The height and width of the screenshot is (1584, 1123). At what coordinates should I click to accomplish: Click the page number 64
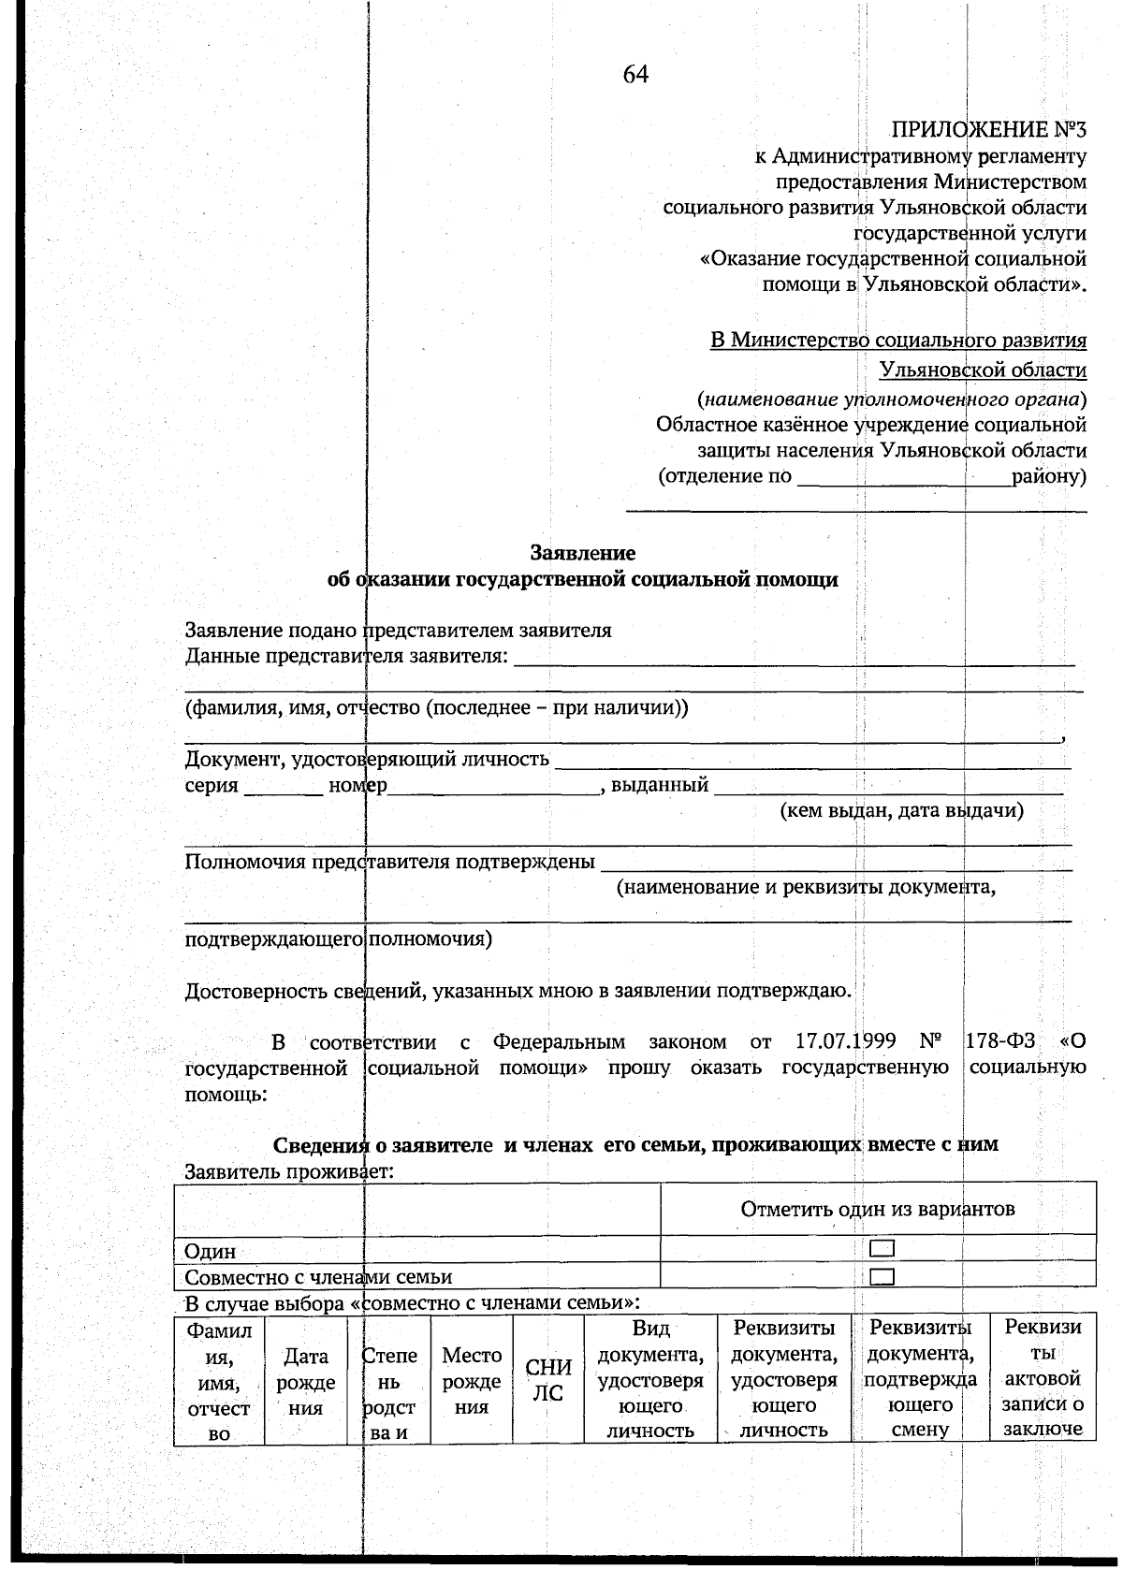click(x=635, y=75)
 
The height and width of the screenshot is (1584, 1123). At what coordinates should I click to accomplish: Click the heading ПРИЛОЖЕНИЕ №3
click(x=988, y=129)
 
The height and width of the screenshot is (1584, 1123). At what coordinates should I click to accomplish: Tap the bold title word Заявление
click(x=582, y=553)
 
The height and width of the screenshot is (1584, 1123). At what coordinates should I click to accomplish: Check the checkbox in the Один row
click(x=882, y=1248)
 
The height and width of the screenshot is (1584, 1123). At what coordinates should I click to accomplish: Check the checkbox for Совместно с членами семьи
click(x=882, y=1276)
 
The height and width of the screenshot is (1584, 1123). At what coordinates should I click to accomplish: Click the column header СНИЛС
click(x=547, y=1380)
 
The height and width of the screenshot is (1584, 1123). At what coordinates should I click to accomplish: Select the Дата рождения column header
click(x=306, y=1381)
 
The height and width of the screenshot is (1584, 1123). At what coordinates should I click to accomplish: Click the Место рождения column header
click(x=472, y=1381)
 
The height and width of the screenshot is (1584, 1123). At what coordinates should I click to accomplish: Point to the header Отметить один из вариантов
click(x=877, y=1209)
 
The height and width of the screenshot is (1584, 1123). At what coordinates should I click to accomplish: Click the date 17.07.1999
click(x=846, y=1041)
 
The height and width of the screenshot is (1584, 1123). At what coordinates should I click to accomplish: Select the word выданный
click(x=659, y=785)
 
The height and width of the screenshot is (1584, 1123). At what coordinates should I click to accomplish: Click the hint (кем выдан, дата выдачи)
click(x=901, y=810)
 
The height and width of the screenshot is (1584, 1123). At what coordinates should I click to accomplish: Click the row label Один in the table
click(x=210, y=1251)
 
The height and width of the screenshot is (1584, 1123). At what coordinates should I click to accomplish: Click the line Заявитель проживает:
click(x=288, y=1170)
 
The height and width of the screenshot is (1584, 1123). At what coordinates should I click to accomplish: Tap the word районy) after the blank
click(x=1049, y=476)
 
